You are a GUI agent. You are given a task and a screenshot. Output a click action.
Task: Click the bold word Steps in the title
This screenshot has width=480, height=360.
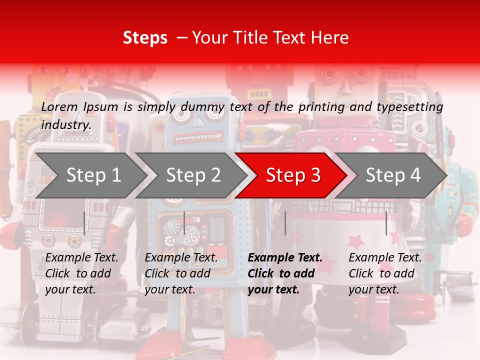[145, 38]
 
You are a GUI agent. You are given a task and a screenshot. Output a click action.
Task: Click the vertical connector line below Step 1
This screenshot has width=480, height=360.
[84, 223]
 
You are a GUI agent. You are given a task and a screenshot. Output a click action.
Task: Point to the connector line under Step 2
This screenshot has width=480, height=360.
[184, 223]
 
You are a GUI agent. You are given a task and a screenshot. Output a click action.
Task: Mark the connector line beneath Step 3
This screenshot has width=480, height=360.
[285, 223]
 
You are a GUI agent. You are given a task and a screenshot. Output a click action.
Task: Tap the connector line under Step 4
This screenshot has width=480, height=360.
[386, 223]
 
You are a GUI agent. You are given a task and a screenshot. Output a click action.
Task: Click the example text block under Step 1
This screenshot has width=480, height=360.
[81, 273]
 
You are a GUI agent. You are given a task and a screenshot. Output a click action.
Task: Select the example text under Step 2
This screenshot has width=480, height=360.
[181, 273]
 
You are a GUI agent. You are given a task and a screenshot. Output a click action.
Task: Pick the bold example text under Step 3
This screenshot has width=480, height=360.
[285, 273]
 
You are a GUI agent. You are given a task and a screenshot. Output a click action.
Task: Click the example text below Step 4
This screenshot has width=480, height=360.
[385, 273]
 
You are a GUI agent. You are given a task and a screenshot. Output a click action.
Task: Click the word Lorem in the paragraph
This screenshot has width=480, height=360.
[59, 107]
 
